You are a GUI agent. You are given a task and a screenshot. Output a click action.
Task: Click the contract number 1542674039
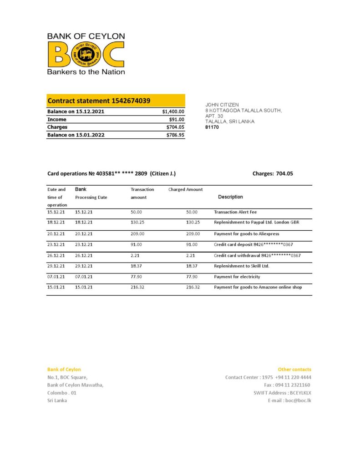132,101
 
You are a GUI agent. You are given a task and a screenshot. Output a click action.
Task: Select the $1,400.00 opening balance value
173,111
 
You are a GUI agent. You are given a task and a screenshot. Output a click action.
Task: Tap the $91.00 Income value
176,120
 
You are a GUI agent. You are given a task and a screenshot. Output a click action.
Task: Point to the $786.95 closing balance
175,135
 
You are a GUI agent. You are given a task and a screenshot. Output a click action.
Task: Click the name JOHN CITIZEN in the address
222,105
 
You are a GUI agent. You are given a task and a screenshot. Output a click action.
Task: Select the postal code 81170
212,127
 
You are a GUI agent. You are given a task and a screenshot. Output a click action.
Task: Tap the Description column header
230,197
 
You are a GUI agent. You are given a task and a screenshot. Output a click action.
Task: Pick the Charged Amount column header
185,189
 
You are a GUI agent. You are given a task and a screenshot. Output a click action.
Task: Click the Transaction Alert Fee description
235,212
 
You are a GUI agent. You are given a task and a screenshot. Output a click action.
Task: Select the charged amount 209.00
193,233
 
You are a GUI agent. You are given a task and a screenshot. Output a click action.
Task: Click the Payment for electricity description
237,277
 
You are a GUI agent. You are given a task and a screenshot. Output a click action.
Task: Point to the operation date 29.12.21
56,266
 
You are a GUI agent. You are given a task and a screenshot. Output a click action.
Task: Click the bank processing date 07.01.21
84,277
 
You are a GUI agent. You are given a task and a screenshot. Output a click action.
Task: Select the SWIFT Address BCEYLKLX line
282,393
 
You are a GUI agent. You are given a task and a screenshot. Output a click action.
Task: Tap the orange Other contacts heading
294,370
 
